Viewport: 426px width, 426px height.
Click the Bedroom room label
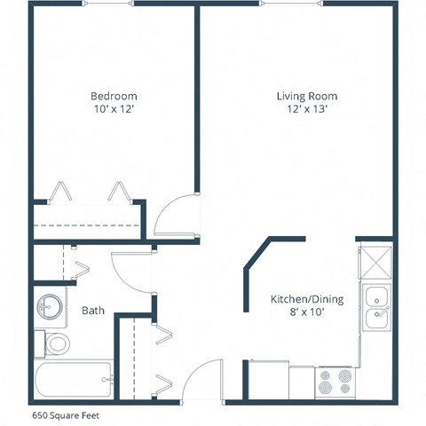(x=114, y=96)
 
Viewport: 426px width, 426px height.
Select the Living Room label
(x=307, y=96)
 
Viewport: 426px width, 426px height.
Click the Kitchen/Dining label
(x=307, y=299)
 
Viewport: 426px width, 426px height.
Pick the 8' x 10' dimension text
(x=307, y=312)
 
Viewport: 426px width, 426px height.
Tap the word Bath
(x=93, y=311)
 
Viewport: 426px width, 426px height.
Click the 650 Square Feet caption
(x=67, y=414)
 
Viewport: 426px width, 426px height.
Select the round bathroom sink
(x=50, y=307)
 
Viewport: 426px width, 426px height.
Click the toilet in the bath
(x=55, y=343)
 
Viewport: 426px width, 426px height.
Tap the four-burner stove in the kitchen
(x=335, y=381)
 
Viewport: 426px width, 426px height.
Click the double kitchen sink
(x=375, y=306)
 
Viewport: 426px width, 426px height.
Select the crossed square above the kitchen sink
(x=375, y=261)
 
